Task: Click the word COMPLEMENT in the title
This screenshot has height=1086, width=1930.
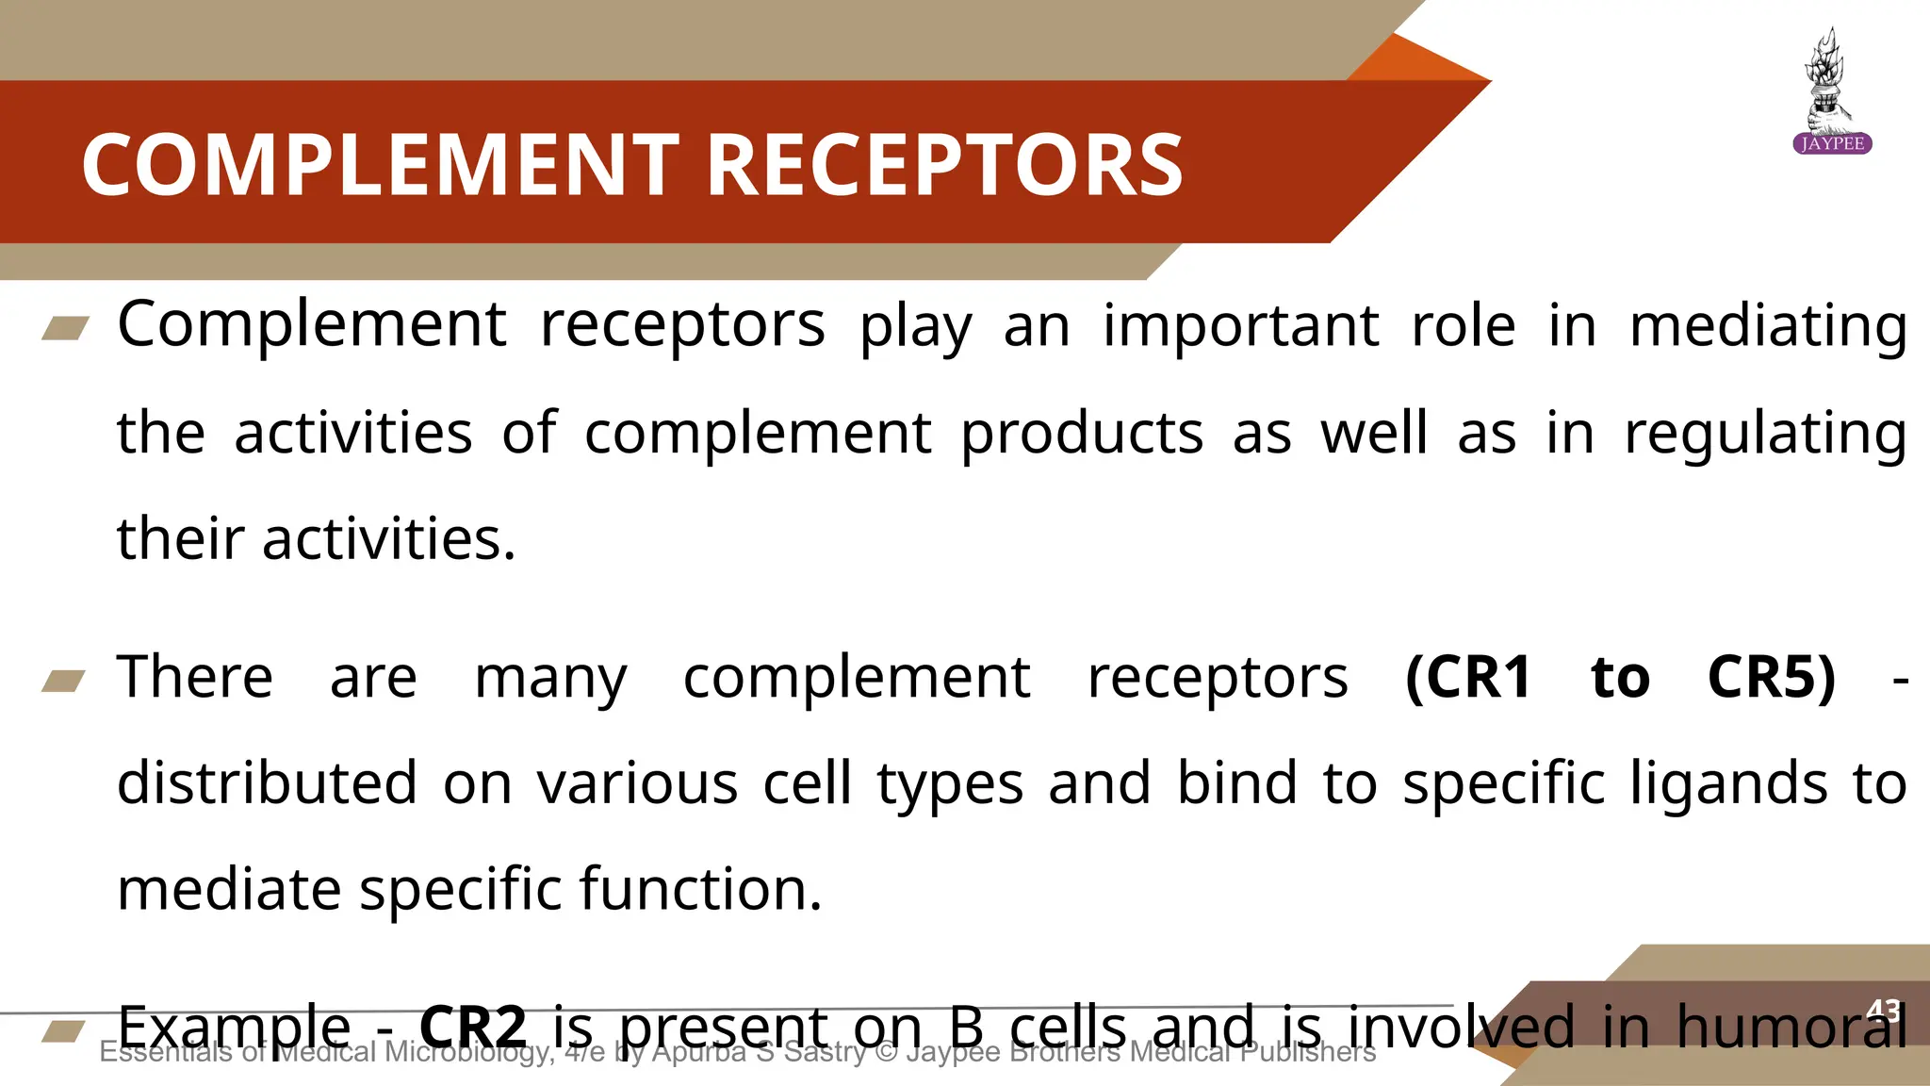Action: pyautogui.click(x=380, y=165)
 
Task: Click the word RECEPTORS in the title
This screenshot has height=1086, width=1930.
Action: pyautogui.click(x=944, y=165)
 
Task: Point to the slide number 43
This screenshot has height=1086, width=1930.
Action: pyautogui.click(x=1883, y=1011)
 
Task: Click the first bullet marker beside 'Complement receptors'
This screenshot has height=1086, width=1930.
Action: pyautogui.click(x=66, y=328)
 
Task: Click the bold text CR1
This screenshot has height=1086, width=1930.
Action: pyautogui.click(x=1468, y=677)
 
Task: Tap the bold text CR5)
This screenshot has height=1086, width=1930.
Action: pyautogui.click(x=1772, y=677)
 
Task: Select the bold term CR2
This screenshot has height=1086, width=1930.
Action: pyautogui.click(x=472, y=1027)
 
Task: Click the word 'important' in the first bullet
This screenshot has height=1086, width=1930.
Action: pyautogui.click(x=1241, y=326)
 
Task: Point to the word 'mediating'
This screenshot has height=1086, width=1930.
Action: pyautogui.click(x=1768, y=326)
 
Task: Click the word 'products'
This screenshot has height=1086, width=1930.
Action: pyautogui.click(x=1082, y=434)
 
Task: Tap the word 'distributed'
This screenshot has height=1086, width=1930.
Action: pyautogui.click(x=267, y=782)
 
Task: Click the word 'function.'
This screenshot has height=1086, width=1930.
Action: pyautogui.click(x=700, y=889)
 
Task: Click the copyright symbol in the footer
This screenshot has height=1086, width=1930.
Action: pyautogui.click(x=886, y=1052)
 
